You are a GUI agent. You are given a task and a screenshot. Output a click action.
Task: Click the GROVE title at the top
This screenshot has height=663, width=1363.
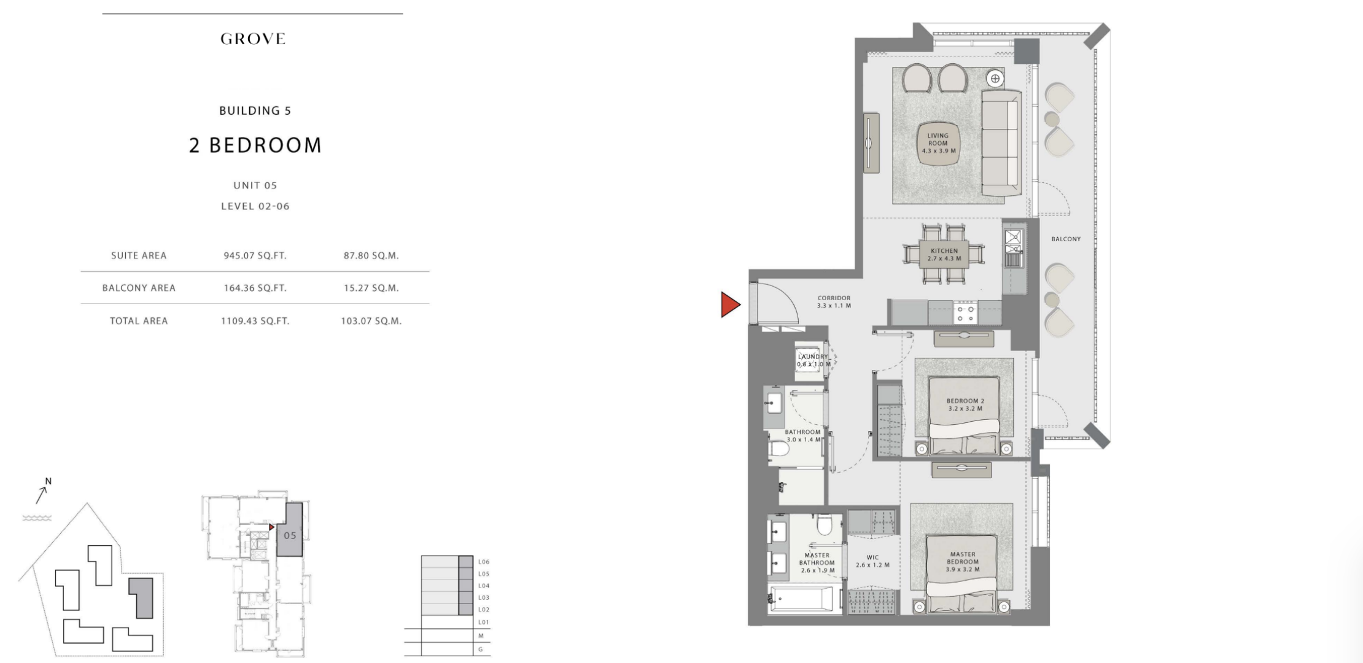253,39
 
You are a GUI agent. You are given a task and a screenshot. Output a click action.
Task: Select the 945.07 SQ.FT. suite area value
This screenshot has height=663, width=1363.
255,255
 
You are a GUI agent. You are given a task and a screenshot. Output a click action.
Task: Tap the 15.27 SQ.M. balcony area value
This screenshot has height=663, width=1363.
371,288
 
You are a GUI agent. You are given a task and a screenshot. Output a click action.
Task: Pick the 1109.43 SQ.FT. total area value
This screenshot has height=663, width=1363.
255,320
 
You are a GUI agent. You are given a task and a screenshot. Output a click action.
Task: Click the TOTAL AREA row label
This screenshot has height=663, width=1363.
139,320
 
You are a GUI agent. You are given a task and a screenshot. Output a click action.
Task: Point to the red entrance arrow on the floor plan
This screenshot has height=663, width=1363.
731,304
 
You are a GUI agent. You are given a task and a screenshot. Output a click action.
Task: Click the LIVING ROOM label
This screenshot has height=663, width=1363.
938,139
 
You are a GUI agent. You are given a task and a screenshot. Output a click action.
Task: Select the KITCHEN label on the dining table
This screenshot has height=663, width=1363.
944,251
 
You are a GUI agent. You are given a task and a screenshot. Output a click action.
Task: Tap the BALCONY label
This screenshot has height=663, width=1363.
1066,239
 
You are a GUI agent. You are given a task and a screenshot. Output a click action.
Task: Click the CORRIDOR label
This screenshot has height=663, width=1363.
834,298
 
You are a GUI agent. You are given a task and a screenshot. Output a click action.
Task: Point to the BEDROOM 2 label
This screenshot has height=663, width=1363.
965,401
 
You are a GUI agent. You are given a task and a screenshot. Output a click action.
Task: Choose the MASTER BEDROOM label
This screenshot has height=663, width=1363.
962,557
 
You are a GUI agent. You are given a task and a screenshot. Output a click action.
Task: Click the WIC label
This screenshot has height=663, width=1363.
872,558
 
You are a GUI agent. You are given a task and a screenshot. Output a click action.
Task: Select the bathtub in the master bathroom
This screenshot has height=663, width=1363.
801,599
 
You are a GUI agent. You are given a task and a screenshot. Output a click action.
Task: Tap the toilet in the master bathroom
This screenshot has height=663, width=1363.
825,525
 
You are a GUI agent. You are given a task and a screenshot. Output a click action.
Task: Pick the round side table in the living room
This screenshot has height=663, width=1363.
995,79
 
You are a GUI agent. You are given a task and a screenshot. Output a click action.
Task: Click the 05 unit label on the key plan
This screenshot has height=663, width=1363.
290,535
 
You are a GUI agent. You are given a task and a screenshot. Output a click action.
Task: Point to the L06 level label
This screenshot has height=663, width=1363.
484,562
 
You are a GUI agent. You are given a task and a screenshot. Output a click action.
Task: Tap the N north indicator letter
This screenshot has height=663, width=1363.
49,481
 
